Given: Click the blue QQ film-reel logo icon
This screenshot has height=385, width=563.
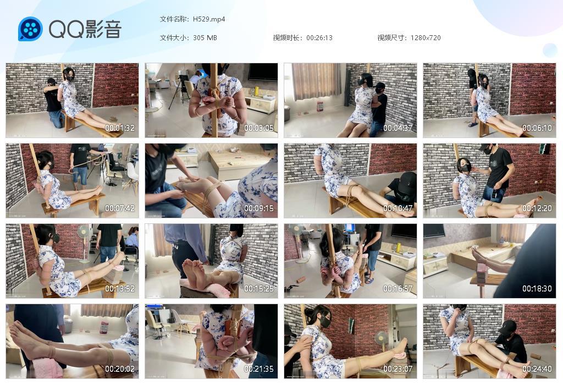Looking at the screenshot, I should (30, 29).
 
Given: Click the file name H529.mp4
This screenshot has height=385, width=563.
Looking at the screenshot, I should (209, 19).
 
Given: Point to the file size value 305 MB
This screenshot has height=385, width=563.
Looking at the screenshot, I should (205, 38).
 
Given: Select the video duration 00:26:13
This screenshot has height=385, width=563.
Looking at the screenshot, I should (319, 38).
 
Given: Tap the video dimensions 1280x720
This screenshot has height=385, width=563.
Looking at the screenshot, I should (426, 38).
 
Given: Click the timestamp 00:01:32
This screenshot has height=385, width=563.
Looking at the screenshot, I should (120, 128).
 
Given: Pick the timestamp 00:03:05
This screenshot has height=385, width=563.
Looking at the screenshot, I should (259, 128).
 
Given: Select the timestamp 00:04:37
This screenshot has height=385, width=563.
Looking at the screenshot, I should (398, 128).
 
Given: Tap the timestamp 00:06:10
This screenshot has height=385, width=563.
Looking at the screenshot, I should (537, 128).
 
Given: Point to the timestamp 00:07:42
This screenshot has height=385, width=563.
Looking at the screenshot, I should (120, 208).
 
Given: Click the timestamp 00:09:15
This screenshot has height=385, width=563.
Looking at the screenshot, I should (259, 208).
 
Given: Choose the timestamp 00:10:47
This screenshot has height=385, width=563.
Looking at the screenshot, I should (398, 208).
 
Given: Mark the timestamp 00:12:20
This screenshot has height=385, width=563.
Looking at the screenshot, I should (537, 208).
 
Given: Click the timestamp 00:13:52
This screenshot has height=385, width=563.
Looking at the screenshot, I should (120, 289).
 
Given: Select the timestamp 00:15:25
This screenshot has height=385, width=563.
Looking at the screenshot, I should (259, 289).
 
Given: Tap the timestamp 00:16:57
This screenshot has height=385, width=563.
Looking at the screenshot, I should (398, 289).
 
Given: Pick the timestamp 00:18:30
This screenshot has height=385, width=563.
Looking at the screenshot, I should (537, 289).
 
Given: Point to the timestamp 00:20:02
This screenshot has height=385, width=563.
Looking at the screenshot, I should (120, 369).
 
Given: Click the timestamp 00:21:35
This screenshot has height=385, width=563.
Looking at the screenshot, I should (259, 369).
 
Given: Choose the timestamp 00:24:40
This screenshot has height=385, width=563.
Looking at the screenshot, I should (537, 369).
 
